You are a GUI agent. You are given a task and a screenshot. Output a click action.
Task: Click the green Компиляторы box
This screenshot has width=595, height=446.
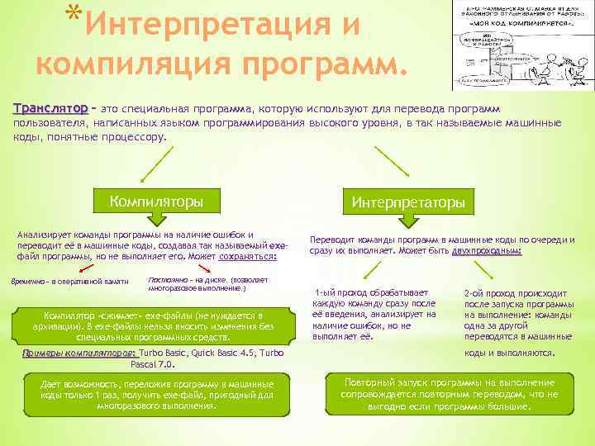(x=156, y=200)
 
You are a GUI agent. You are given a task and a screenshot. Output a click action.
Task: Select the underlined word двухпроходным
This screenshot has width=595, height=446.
(x=487, y=249)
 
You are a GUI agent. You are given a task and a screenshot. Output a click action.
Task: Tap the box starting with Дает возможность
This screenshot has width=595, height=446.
(x=157, y=395)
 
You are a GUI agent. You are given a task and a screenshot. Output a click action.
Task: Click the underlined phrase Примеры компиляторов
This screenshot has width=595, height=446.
(x=79, y=353)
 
